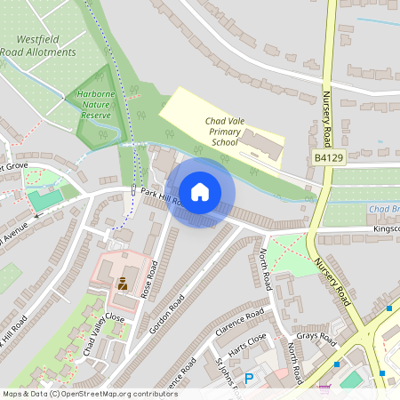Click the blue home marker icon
200,191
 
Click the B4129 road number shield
328,157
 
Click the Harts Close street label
247,343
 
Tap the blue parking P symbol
249,378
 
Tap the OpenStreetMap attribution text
89,393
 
